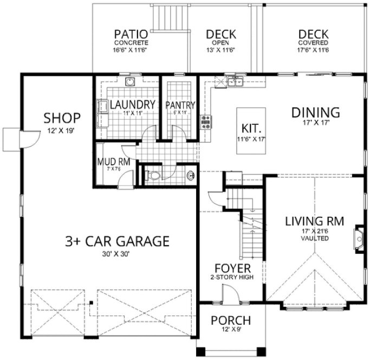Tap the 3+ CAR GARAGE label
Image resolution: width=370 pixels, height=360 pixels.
pos(118,240)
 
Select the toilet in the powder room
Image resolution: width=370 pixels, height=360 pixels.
pos(153,175)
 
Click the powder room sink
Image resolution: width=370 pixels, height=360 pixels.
pos(190,175)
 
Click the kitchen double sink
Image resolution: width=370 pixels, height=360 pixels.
pos(235,82)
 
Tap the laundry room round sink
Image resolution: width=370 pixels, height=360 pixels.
pos(129,82)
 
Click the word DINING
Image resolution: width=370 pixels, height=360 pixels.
pos(315,113)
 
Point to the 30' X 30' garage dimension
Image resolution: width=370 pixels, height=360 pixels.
pos(118,253)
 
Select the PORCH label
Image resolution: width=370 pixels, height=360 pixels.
pos(231,319)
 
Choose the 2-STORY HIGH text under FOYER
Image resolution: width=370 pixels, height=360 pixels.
pos(232,277)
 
